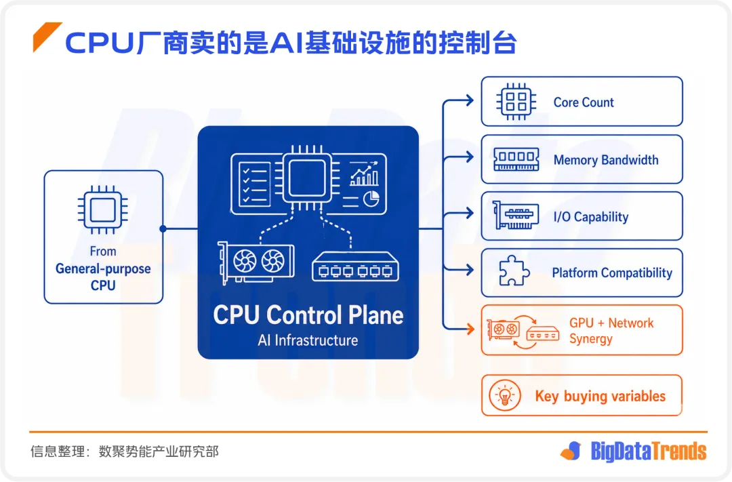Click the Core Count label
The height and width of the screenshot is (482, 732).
click(584, 102)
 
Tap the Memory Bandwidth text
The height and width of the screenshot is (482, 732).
click(606, 160)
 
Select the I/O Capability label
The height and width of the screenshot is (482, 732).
click(591, 217)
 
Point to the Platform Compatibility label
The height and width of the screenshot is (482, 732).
click(612, 273)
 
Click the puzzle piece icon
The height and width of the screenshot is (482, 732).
click(514, 270)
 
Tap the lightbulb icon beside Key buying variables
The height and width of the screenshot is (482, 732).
click(505, 396)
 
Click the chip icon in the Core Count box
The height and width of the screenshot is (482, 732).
click(516, 102)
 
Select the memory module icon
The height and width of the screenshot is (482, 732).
click(516, 159)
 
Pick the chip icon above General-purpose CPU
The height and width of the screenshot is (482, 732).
click(103, 209)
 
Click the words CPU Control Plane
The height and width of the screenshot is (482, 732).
click(308, 315)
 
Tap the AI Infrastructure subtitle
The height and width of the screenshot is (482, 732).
click(308, 340)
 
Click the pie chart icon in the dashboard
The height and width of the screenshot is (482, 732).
click(371, 199)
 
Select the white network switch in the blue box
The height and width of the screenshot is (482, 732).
click(355, 266)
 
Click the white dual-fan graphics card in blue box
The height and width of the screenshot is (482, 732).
click(256, 262)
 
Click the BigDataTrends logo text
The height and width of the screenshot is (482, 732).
click(649, 451)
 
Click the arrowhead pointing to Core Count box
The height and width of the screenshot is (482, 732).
click(469, 100)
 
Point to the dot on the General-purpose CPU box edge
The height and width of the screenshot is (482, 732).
click(163, 228)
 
